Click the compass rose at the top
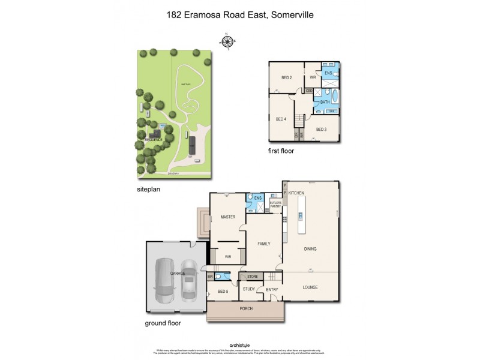click(227, 41)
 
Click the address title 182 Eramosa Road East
click(239, 13)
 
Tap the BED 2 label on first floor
click(286, 77)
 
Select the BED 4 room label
click(280, 119)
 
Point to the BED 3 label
click(321, 129)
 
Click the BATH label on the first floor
click(325, 103)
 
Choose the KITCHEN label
click(296, 193)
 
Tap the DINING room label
click(310, 248)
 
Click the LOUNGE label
click(310, 287)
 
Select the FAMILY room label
click(264, 244)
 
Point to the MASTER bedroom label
click(227, 217)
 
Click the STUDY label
click(248, 290)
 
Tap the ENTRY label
click(272, 290)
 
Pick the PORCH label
click(246, 308)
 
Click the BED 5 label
click(223, 292)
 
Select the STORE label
click(253, 277)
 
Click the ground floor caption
click(163, 323)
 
